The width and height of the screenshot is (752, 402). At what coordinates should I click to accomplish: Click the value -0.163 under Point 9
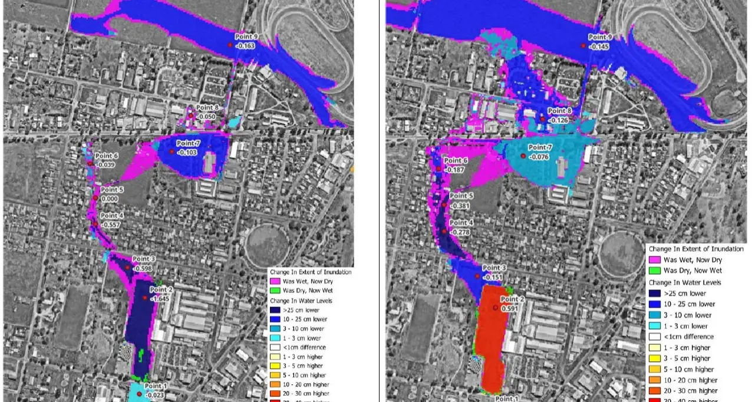tap(245, 45)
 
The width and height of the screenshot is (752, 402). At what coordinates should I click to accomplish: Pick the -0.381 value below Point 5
tap(460, 206)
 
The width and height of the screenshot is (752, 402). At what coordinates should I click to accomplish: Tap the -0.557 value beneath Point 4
tap(111, 225)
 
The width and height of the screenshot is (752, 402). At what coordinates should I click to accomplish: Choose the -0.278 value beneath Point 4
tap(461, 232)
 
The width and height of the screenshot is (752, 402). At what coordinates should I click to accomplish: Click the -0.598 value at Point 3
tap(143, 268)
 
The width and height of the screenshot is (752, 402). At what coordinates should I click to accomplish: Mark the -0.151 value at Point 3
tap(493, 277)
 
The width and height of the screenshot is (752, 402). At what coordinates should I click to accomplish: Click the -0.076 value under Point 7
tap(539, 157)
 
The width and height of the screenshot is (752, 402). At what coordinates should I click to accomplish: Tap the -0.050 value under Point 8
tap(206, 117)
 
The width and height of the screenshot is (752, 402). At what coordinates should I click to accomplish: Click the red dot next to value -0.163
tap(230, 45)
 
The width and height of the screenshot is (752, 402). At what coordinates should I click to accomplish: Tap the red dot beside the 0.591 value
tap(495, 308)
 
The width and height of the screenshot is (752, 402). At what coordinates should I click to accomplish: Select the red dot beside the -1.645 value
tap(145, 298)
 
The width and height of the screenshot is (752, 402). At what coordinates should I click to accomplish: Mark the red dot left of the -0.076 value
tap(523, 156)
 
